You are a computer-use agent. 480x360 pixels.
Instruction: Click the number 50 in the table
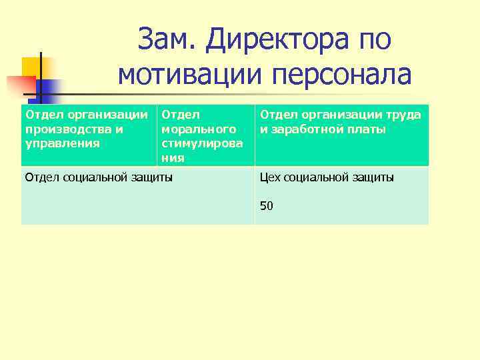click(x=267, y=206)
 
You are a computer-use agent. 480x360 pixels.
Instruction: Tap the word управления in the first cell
click(x=53, y=143)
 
